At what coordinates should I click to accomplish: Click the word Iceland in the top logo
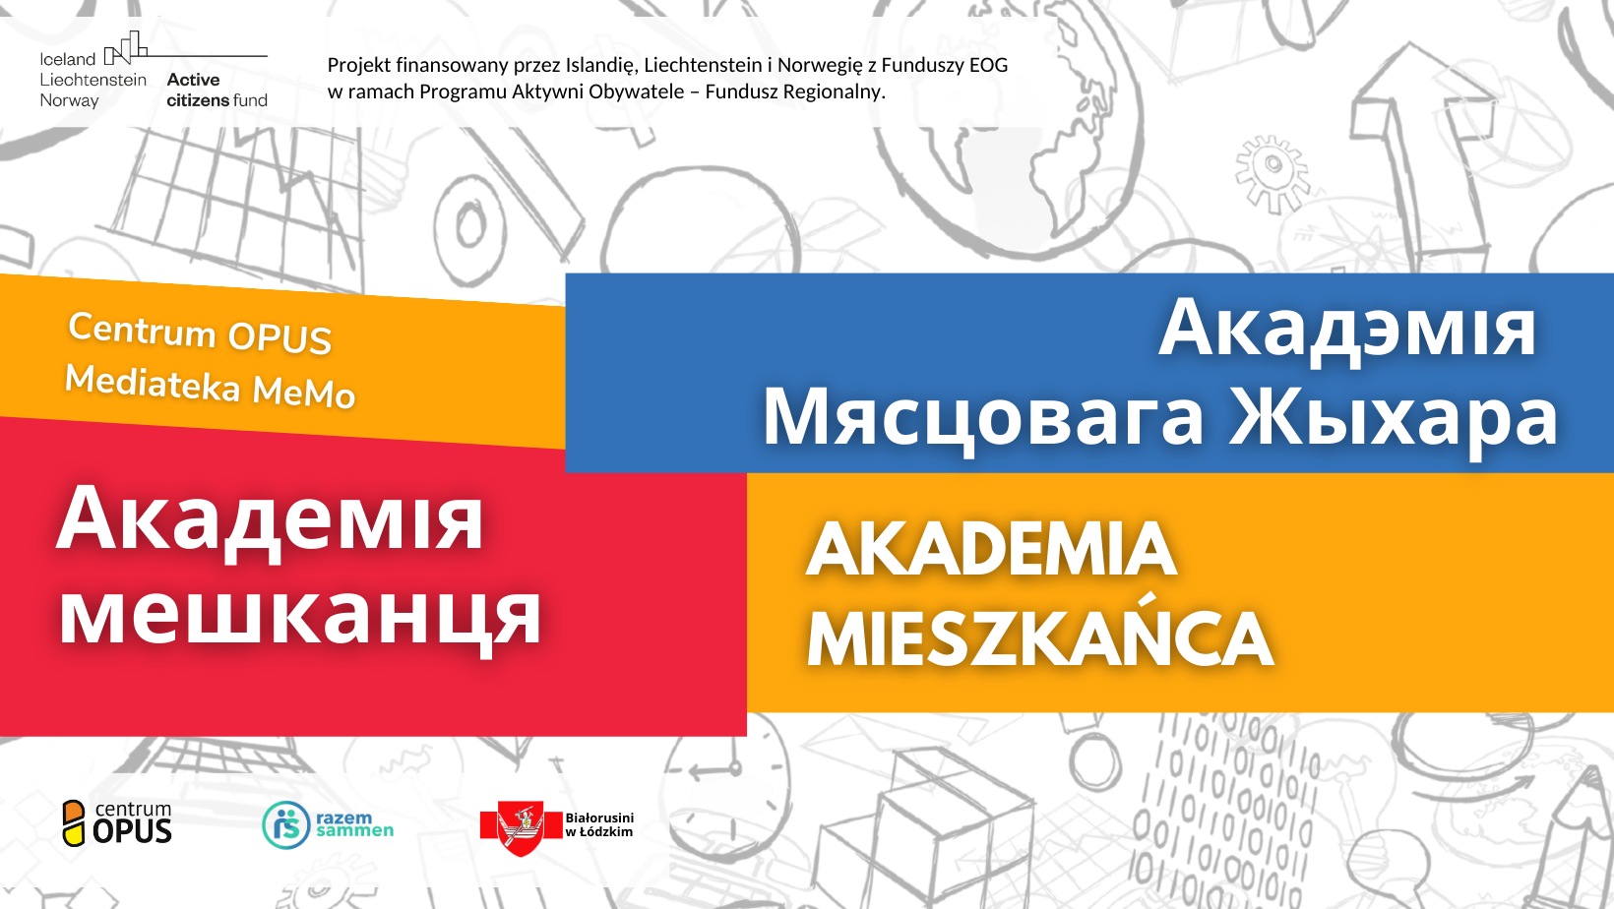[x=67, y=59]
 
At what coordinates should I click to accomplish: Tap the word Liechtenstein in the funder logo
[x=93, y=80]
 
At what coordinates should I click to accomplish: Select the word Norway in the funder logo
[x=69, y=100]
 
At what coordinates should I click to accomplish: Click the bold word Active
[x=193, y=80]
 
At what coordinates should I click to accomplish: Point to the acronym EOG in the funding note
[x=988, y=65]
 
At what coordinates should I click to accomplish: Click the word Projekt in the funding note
[x=358, y=66]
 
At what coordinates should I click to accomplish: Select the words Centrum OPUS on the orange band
[x=200, y=333]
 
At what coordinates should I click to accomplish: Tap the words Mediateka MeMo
[x=210, y=386]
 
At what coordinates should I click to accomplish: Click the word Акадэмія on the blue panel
[x=1346, y=329]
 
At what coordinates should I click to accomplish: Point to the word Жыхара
[x=1393, y=417]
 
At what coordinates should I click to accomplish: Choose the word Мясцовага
[x=982, y=417]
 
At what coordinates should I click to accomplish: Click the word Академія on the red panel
[x=270, y=519]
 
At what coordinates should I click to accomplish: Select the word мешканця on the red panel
[x=300, y=615]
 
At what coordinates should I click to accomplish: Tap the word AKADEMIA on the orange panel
[x=991, y=549]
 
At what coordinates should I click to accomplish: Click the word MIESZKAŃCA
[x=1039, y=637]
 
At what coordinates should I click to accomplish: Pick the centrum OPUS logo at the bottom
[x=117, y=822]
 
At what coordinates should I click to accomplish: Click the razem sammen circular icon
[x=285, y=824]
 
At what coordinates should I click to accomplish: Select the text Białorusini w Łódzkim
[x=599, y=824]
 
